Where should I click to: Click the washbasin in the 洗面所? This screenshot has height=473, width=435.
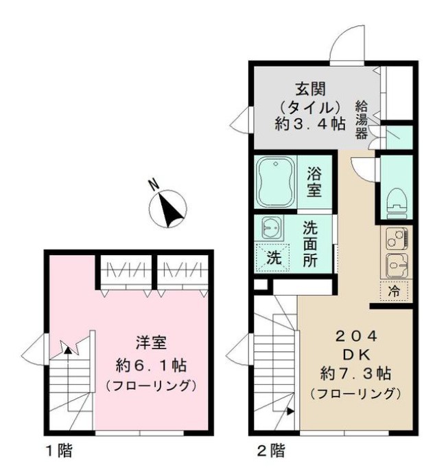(x=270, y=228)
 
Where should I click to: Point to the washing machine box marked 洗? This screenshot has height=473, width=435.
(x=273, y=259)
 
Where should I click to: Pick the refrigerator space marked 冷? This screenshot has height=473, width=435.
(x=393, y=291)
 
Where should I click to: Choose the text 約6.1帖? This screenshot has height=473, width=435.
(x=152, y=364)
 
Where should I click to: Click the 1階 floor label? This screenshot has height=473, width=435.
(x=60, y=452)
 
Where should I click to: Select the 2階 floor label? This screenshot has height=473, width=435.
(x=270, y=452)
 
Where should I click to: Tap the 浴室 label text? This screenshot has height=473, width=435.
(x=314, y=181)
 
